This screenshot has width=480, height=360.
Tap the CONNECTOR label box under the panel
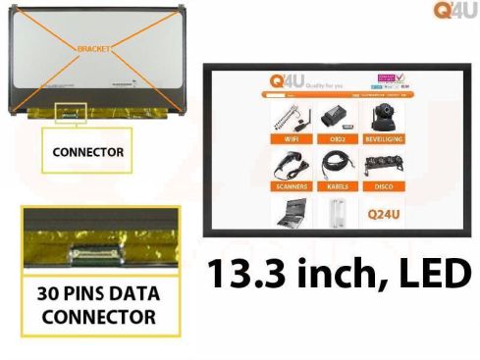pyautogui.click(x=89, y=152)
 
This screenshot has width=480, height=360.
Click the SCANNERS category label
pyautogui.click(x=292, y=186)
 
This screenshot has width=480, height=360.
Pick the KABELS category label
pyautogui.click(x=336, y=186)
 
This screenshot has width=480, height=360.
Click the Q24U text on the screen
pyautogui.click(x=383, y=213)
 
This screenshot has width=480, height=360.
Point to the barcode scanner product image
pyautogui.click(x=292, y=166)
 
